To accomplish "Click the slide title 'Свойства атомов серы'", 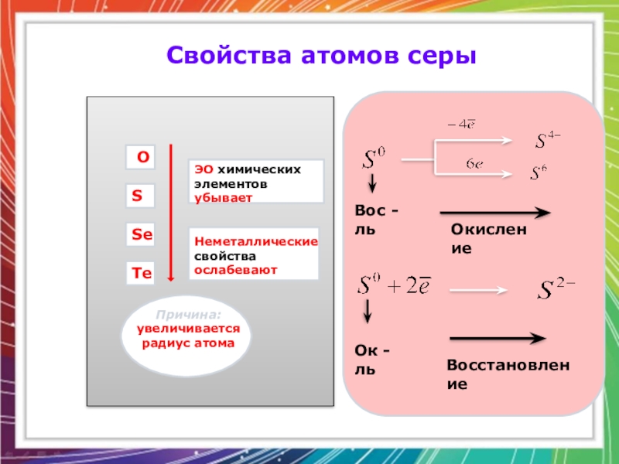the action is pos(320,56).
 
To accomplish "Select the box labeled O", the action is pos(142,158).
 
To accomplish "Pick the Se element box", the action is pos(142,234).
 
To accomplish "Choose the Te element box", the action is pos(142,273).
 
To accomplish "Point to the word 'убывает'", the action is pos(224,197).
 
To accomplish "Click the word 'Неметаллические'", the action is pos(256,242).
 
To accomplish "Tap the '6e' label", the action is pos(474,164).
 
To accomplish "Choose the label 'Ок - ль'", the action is pos(372,361).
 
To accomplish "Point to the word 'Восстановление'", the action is pos(507,374).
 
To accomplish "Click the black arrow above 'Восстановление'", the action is pos(498,338).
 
